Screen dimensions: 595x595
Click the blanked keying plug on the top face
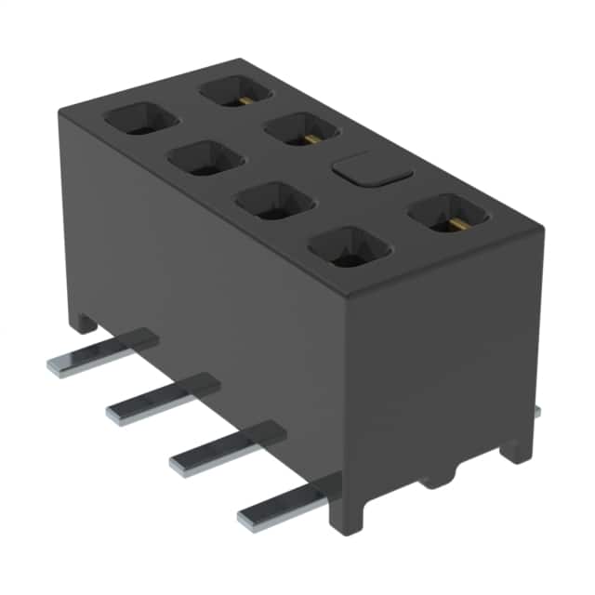369,170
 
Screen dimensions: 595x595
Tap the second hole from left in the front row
205,158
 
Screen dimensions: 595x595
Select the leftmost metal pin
102,351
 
